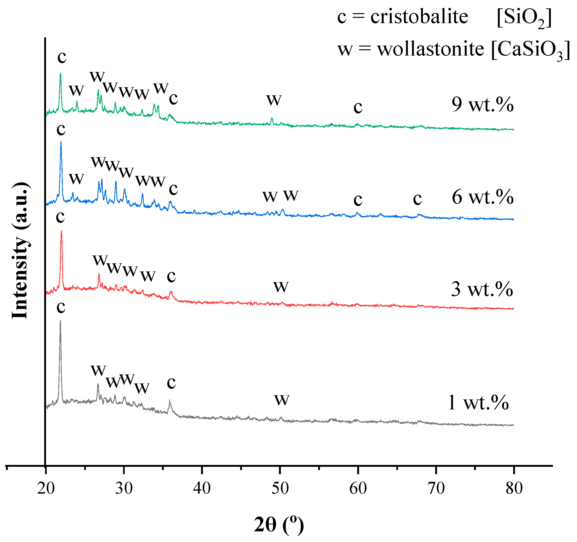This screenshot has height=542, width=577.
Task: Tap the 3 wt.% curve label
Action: tap(482, 290)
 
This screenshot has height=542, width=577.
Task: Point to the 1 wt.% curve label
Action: tap(478, 403)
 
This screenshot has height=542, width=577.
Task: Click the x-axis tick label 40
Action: tap(202, 488)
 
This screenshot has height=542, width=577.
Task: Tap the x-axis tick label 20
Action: tap(46, 488)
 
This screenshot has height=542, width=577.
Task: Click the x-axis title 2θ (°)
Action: tap(279, 525)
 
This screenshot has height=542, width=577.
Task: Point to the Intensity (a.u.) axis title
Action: tap(20, 251)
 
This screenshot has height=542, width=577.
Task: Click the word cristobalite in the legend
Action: tap(419, 17)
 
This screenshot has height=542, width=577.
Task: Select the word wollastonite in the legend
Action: tap(431, 49)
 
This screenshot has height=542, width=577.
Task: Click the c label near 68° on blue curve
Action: tap(417, 199)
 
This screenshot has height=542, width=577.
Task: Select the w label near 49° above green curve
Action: tap(274, 100)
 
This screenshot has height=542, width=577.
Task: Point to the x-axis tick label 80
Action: tap(514, 488)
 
